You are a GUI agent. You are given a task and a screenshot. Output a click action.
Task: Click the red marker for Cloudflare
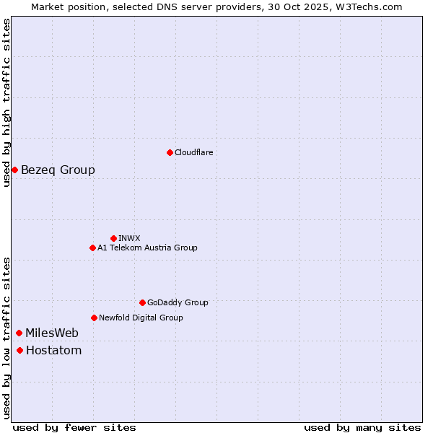pyautogui.click(x=170, y=152)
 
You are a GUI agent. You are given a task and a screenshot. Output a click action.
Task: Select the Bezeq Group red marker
pyautogui.click(x=14, y=170)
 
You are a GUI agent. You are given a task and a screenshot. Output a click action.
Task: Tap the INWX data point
pyautogui.click(x=113, y=238)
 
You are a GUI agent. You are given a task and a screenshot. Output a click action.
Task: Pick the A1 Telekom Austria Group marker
pyautogui.click(x=92, y=248)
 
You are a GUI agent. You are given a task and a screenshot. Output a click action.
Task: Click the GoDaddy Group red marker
pyautogui.click(x=142, y=302)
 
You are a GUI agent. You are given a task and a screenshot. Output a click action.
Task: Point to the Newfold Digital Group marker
pyautogui.click(x=94, y=318)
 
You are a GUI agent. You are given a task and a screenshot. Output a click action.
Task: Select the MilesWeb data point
pyautogui.click(x=19, y=333)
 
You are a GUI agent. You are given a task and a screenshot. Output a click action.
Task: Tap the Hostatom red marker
pyautogui.click(x=19, y=350)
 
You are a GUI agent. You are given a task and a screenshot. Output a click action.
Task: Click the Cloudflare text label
pyautogui.click(x=193, y=152)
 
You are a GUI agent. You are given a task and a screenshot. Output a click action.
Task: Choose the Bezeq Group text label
pyautogui.click(x=58, y=170)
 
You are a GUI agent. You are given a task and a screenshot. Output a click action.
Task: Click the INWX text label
pyautogui.click(x=129, y=238)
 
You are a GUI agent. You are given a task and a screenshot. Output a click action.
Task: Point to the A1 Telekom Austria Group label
pyautogui.click(x=147, y=248)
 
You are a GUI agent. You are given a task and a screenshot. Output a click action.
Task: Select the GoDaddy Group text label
pyautogui.click(x=178, y=302)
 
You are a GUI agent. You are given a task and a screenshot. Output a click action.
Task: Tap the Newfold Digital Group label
pyautogui.click(x=141, y=318)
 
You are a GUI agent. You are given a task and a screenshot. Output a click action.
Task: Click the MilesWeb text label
pyautogui.click(x=52, y=333)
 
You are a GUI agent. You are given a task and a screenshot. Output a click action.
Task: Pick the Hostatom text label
pyautogui.click(x=53, y=350)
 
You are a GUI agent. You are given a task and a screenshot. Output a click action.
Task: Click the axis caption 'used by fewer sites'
pyautogui.click(x=74, y=427)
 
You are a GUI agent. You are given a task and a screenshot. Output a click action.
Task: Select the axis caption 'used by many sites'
pyautogui.click(x=362, y=427)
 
